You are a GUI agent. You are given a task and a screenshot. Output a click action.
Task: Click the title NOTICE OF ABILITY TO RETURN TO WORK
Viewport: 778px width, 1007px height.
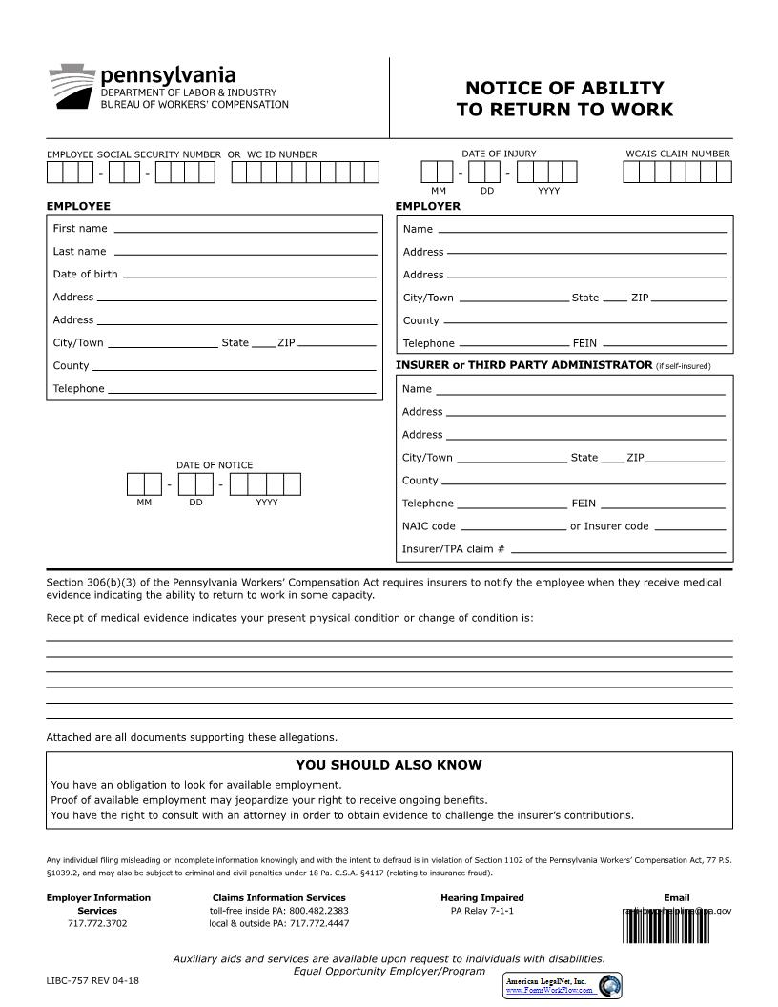(564, 99)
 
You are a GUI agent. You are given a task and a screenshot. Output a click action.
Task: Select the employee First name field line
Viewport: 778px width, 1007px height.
(245, 229)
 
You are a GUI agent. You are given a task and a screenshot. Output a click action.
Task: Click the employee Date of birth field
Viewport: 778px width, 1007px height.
(250, 275)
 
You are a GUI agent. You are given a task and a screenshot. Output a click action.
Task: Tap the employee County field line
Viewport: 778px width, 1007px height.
(234, 366)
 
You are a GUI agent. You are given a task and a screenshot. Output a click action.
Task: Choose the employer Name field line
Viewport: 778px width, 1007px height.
(582, 229)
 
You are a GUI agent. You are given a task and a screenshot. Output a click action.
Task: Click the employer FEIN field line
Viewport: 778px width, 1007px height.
(665, 343)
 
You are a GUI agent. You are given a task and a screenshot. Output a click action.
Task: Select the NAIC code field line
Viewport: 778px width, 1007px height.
(513, 526)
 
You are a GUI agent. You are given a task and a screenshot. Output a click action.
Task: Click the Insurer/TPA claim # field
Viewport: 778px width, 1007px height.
(618, 549)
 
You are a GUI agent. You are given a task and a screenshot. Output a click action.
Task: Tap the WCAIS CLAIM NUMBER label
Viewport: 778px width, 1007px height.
(677, 154)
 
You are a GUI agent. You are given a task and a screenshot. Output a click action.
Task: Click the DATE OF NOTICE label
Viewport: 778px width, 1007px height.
(215, 465)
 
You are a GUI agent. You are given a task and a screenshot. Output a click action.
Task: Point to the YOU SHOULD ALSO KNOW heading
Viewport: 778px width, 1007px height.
(389, 765)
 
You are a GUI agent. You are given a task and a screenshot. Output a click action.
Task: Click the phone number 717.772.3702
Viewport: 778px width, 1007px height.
(98, 923)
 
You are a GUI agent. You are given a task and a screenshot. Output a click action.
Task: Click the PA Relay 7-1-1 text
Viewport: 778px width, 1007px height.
(481, 911)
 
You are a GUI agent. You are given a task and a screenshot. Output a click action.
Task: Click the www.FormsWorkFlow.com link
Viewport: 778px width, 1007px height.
(549, 991)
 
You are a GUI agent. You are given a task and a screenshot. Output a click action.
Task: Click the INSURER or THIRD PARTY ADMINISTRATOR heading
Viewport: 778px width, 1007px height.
(523, 365)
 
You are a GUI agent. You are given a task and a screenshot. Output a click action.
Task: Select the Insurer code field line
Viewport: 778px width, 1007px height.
(688, 526)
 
